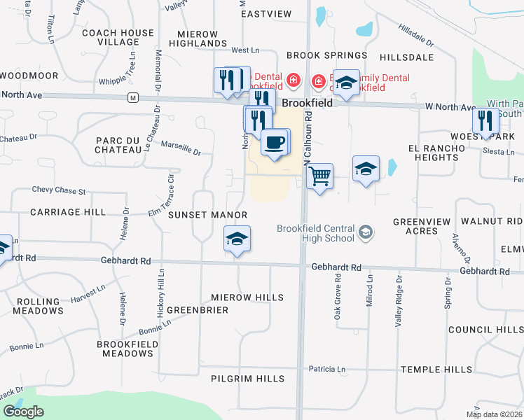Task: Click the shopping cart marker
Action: coord(319,176)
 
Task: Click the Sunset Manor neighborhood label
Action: coord(207,215)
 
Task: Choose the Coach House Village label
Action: coord(118,37)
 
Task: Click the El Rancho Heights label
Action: coord(436,153)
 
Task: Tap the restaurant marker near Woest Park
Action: coord(485,120)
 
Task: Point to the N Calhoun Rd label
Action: coord(308,143)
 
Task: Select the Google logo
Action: coord(23,412)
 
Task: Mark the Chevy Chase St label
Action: coord(58,190)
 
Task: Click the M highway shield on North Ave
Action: coord(132,97)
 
